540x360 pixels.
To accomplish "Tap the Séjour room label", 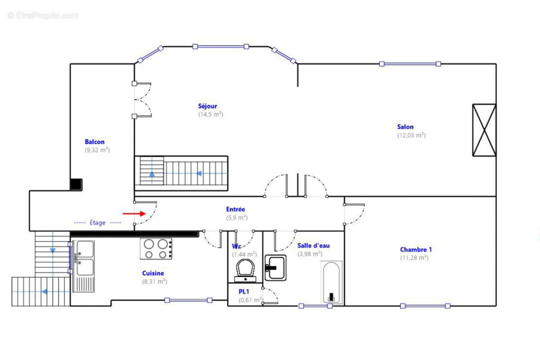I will [207, 106].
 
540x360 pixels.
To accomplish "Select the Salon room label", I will [405, 127].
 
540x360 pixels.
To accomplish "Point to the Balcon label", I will [94, 142].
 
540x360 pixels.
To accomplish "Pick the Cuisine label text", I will [153, 273].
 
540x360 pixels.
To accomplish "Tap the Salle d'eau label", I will [313, 246].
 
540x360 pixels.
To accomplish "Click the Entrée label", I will [235, 209].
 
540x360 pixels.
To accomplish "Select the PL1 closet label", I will [244, 292].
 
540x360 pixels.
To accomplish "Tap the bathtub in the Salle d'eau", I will [332, 282].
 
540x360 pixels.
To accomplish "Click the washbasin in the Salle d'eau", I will [275, 268].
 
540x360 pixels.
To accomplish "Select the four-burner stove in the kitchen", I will [156, 249].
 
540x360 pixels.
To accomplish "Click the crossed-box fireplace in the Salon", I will [484, 130].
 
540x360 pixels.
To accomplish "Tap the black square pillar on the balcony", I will [76, 184].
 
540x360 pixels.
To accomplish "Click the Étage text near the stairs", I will [97, 222].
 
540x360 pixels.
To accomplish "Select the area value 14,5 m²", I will [211, 115].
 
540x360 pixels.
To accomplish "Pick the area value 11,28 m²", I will [414, 258].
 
